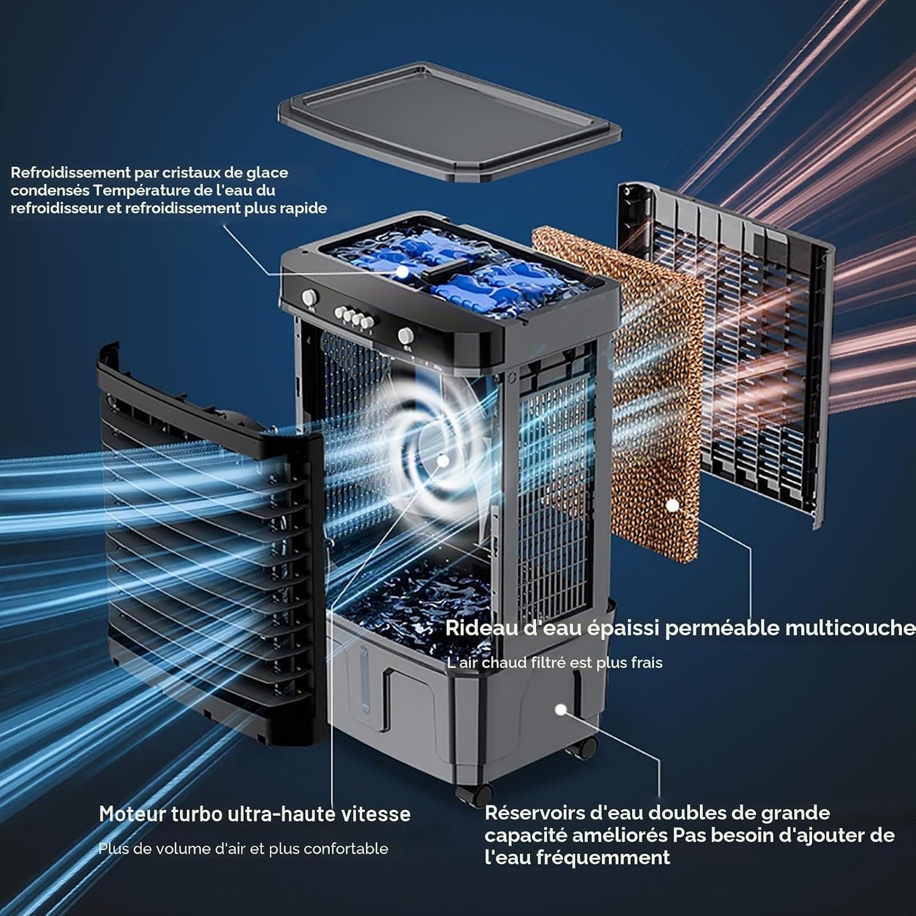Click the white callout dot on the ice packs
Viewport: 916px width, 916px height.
click(x=402, y=271)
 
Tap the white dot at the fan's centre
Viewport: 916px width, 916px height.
click(x=442, y=460)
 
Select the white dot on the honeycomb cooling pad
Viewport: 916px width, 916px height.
click(x=672, y=505)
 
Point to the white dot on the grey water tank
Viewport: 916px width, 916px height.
click(x=561, y=710)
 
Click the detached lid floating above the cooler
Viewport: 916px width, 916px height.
click(x=449, y=122)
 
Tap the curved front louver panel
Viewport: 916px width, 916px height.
click(x=209, y=542)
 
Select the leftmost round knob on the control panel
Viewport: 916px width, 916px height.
click(x=309, y=297)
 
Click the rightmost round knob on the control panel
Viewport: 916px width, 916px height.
click(x=406, y=336)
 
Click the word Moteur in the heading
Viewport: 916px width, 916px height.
click(x=132, y=814)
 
